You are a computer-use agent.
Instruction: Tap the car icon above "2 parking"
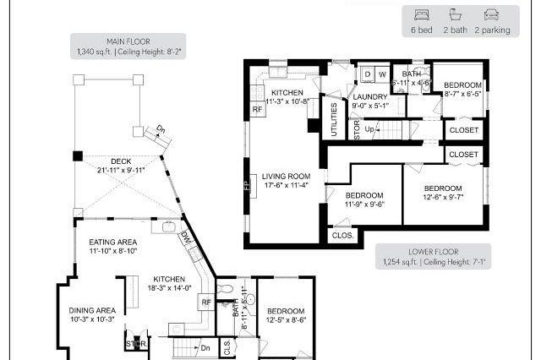tap(491, 14)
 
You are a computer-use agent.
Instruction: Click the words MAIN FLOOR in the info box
tap(128, 41)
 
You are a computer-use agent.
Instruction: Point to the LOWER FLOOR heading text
tap(434, 252)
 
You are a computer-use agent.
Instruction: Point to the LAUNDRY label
tap(369, 96)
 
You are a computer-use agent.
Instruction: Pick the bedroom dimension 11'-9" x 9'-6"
tap(364, 204)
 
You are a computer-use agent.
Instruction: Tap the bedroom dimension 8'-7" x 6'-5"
tap(463, 95)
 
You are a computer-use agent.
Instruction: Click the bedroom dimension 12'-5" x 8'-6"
tap(285, 319)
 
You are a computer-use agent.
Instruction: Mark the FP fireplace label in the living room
tap(248, 185)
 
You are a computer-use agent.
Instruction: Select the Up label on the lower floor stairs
tap(370, 129)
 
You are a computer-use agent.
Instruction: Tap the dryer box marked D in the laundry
tap(368, 74)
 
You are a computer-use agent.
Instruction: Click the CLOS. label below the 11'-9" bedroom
tap(342, 236)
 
